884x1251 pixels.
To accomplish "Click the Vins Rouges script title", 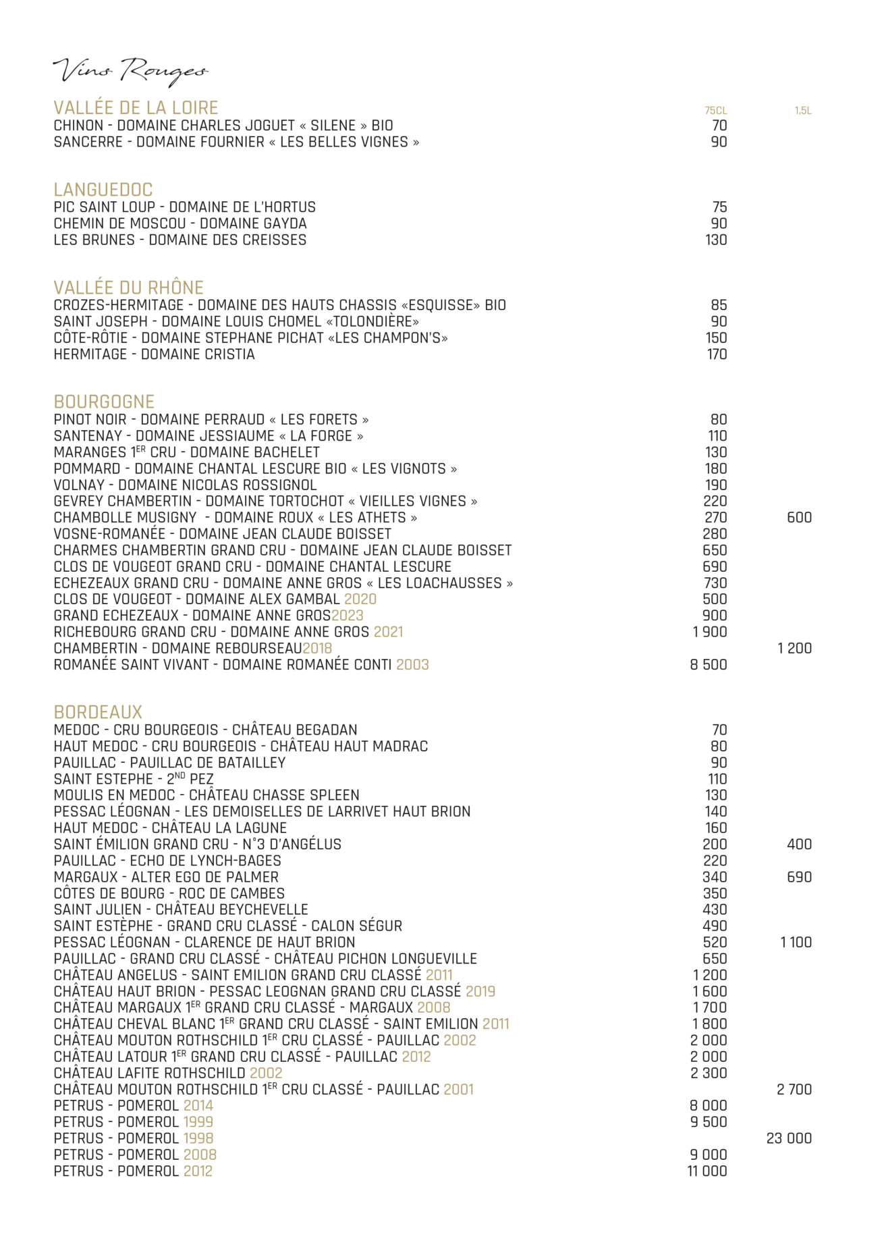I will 130,70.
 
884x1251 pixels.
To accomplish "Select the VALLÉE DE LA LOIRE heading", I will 136,108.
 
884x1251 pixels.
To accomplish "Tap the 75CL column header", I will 715,111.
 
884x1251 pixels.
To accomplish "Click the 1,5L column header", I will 802,111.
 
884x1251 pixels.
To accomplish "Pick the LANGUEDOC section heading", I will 103,190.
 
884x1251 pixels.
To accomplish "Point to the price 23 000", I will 788,1138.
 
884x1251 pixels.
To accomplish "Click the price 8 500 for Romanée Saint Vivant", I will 708,665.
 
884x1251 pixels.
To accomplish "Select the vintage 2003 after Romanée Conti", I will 412,665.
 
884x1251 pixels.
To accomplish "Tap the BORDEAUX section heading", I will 98,712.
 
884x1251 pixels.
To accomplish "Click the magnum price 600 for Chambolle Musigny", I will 799,518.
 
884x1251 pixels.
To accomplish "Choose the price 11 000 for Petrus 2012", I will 707,1171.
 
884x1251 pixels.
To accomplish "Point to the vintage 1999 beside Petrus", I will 198,1122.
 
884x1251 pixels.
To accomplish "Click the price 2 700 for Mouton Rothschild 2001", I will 794,1090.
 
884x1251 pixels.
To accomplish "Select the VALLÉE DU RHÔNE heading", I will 128,288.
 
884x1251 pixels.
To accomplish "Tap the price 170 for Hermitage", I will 717,354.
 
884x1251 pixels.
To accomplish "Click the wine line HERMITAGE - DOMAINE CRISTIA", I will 154,354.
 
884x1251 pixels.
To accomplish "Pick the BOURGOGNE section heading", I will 104,402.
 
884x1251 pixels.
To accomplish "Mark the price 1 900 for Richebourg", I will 709,632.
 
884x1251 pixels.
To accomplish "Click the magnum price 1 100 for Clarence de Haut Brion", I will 796,942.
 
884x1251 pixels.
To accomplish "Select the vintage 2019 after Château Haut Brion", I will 480,992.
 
